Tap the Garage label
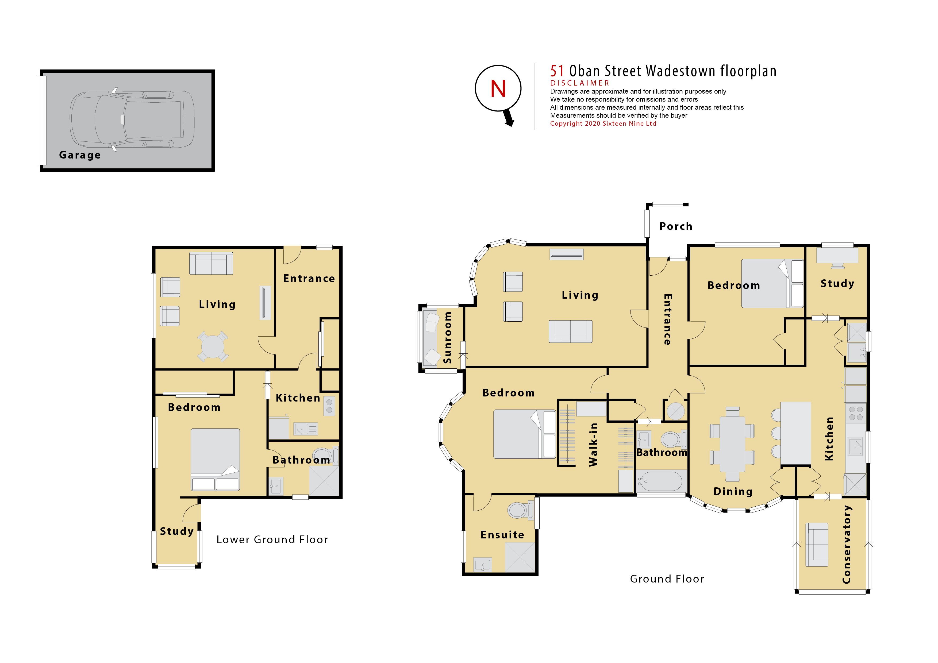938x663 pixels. [80, 155]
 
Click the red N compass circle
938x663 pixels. [498, 88]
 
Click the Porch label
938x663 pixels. [676, 226]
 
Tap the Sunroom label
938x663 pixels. [448, 337]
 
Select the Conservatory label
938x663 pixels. [847, 544]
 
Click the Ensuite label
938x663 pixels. [502, 535]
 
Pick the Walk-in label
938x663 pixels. [593, 445]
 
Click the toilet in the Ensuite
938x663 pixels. [520, 510]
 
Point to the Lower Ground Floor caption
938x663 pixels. [272, 540]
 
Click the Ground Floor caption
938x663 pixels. [667, 579]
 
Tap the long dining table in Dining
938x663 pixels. [732, 444]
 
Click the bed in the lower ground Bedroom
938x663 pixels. [215, 460]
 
